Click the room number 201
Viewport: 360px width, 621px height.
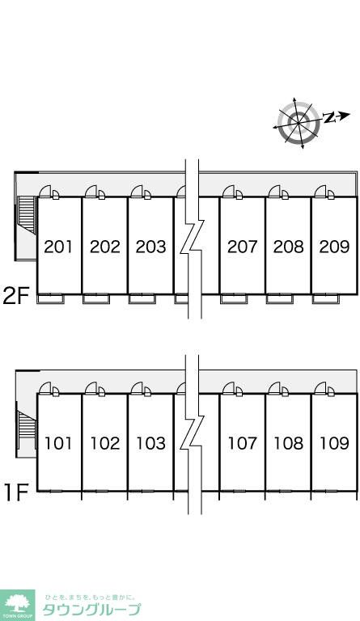click(x=58, y=247)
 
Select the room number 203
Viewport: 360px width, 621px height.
click(x=150, y=247)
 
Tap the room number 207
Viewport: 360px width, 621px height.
click(x=243, y=247)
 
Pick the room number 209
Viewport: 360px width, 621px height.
click(x=334, y=247)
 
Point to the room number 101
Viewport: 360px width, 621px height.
click(x=58, y=443)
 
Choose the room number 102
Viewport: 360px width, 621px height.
click(x=105, y=443)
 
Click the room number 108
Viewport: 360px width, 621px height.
click(x=288, y=443)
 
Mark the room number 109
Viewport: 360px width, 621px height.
click(x=334, y=443)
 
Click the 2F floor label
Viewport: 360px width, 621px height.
click(x=16, y=295)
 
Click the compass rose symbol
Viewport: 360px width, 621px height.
click(x=298, y=122)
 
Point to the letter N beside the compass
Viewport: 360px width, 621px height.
click(x=328, y=117)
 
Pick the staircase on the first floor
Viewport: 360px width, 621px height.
click(x=27, y=429)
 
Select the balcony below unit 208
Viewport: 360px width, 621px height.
click(x=280, y=299)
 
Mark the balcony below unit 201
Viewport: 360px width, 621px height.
click(x=50, y=299)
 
